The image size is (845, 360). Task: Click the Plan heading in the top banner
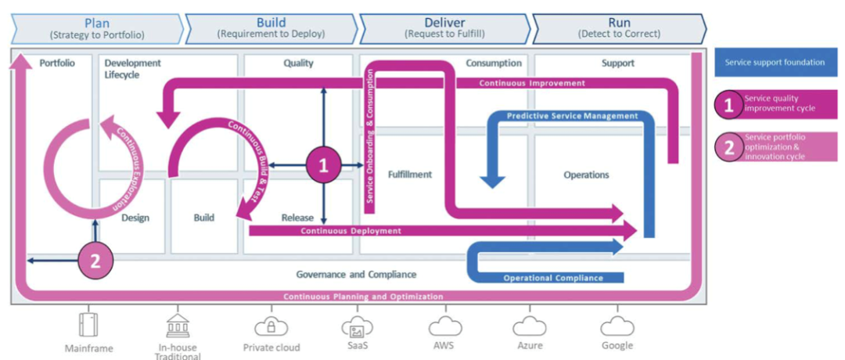[x=98, y=23]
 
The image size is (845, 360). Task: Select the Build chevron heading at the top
[x=271, y=23]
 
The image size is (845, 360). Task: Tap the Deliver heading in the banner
[x=444, y=23]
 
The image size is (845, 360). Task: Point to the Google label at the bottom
[x=617, y=345]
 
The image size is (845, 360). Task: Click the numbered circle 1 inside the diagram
[x=324, y=165]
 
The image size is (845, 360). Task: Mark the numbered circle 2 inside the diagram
[x=95, y=261]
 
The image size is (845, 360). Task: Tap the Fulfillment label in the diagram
[x=409, y=175]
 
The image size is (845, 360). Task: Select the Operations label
[x=586, y=175]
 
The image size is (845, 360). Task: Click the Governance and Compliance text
[x=356, y=275]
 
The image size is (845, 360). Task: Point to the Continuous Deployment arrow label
[x=351, y=231]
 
